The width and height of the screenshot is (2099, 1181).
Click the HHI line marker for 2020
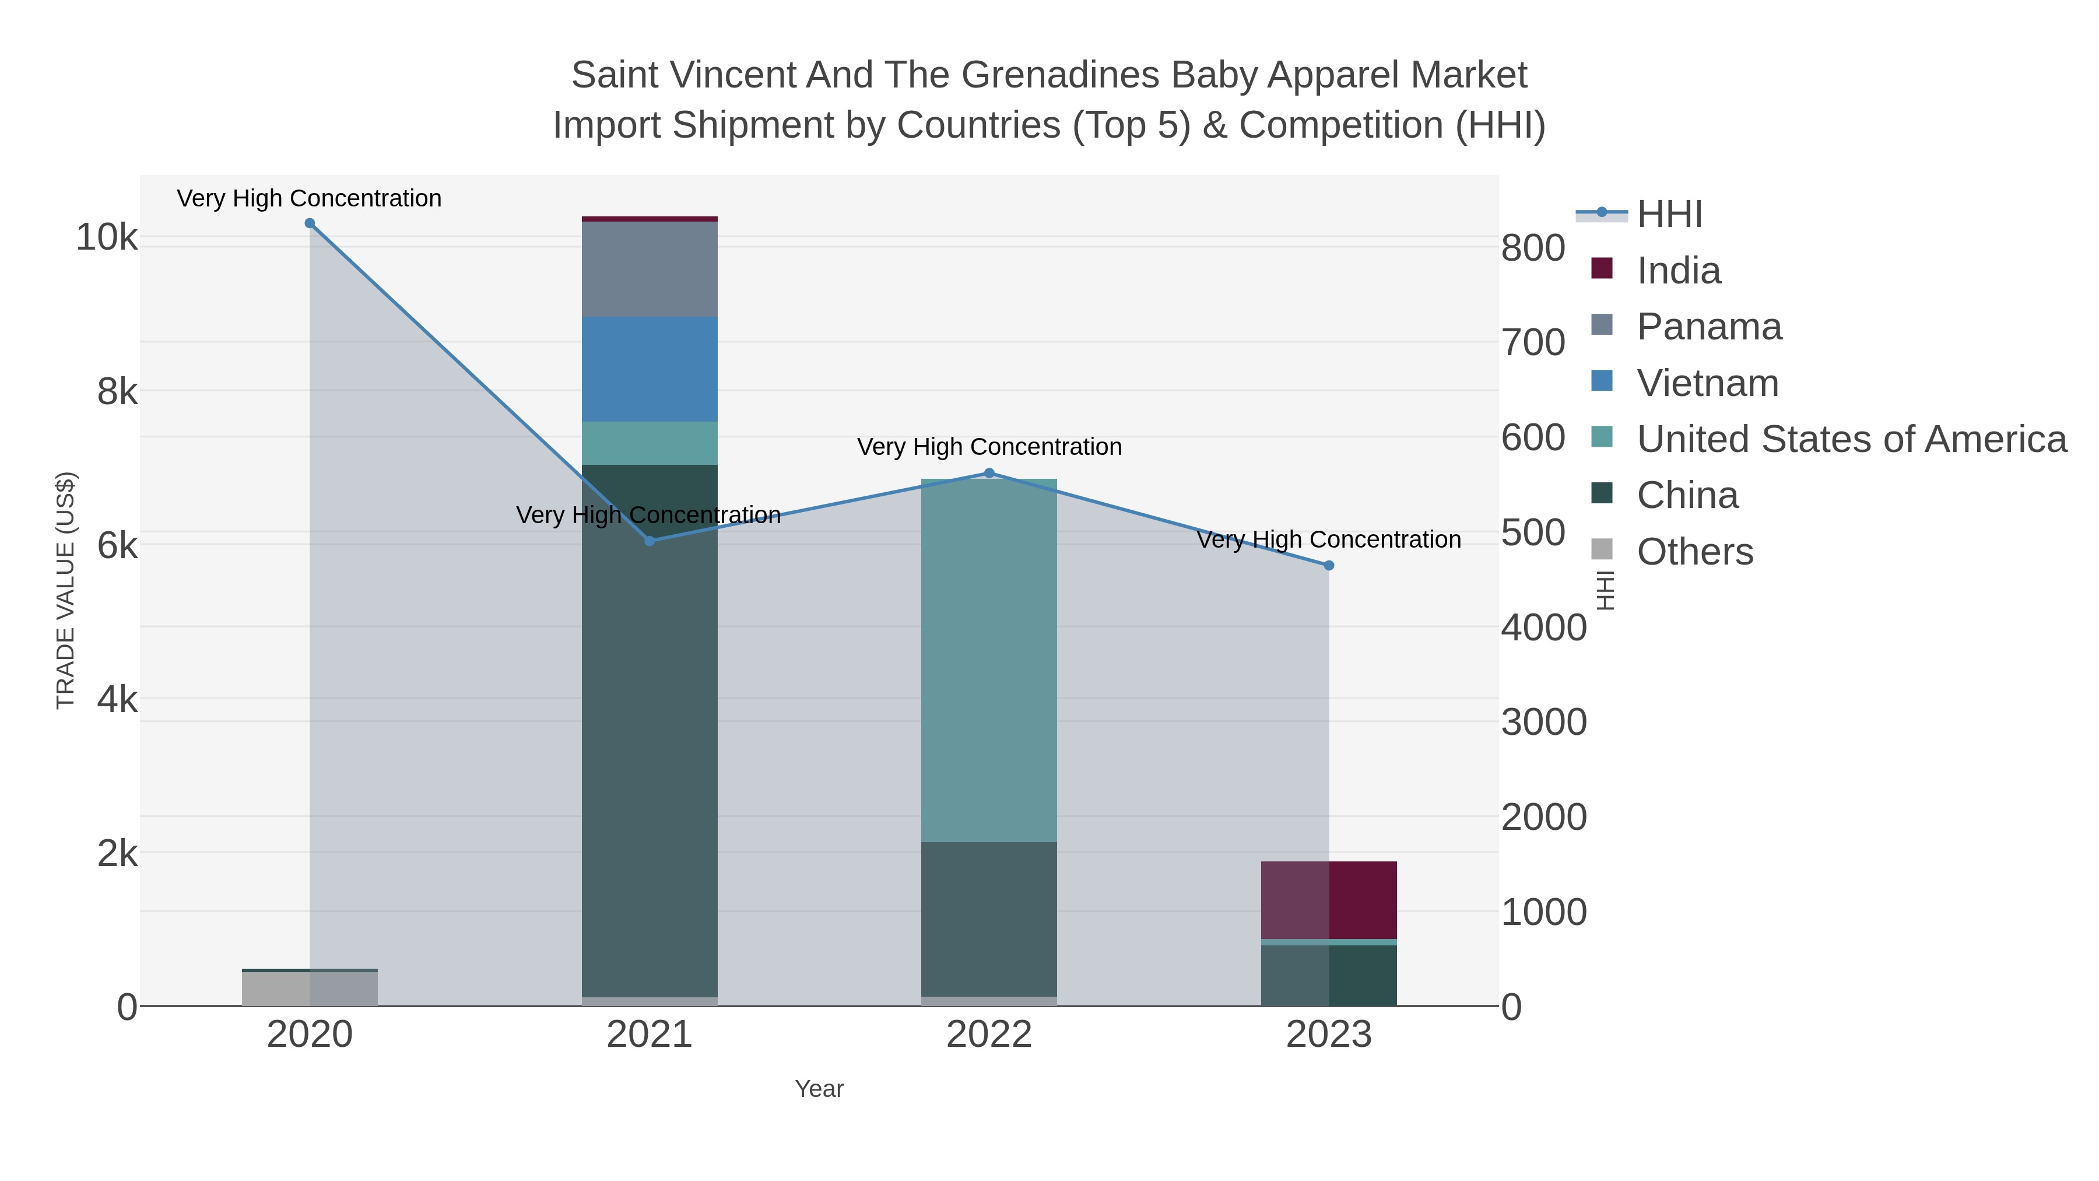(310, 223)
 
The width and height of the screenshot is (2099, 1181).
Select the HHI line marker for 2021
(650, 541)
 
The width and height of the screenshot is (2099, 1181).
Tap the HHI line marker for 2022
(989, 473)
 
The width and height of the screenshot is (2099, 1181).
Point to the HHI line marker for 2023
(1329, 565)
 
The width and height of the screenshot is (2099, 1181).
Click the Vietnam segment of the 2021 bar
(650, 369)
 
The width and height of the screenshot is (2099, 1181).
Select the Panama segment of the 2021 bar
(650, 269)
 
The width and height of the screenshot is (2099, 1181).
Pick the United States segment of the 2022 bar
(989, 660)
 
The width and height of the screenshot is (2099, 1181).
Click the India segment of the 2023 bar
(1329, 900)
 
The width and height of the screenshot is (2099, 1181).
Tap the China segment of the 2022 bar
(989, 919)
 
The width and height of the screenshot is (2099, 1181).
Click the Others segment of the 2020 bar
(310, 989)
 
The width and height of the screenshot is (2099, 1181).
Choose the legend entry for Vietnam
(1707, 383)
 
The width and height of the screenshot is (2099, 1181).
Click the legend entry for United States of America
(1851, 439)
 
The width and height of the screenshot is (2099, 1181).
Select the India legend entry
(1679, 271)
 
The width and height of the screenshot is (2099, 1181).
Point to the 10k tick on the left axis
(107, 238)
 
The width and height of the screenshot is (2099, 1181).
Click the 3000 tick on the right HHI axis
(1543, 722)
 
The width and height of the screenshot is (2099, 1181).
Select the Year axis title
(819, 1089)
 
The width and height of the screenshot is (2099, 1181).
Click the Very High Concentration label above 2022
(989, 447)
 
